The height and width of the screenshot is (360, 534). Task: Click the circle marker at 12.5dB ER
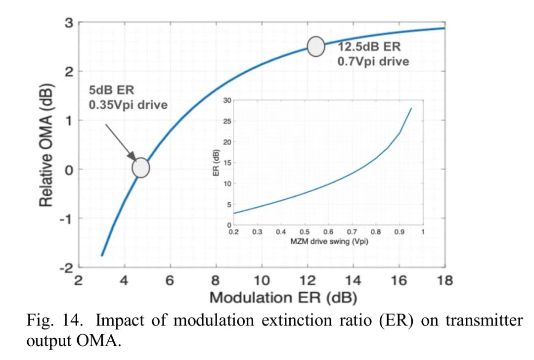pos(316,46)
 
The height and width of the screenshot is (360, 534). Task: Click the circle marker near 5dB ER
pos(141,168)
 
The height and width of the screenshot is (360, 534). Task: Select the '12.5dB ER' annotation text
pos(369,47)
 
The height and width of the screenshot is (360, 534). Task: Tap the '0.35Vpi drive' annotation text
pos(128,105)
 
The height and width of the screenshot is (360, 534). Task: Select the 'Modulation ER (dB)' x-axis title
pos(283,298)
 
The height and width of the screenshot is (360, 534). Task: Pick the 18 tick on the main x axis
pos(445,280)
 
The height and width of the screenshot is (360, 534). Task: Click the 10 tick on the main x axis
pos(262,280)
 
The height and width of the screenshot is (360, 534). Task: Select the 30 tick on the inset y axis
pos(227,100)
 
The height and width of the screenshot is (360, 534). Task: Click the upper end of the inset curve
pos(411,108)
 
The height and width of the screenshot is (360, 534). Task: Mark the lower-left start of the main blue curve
pos(102,255)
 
